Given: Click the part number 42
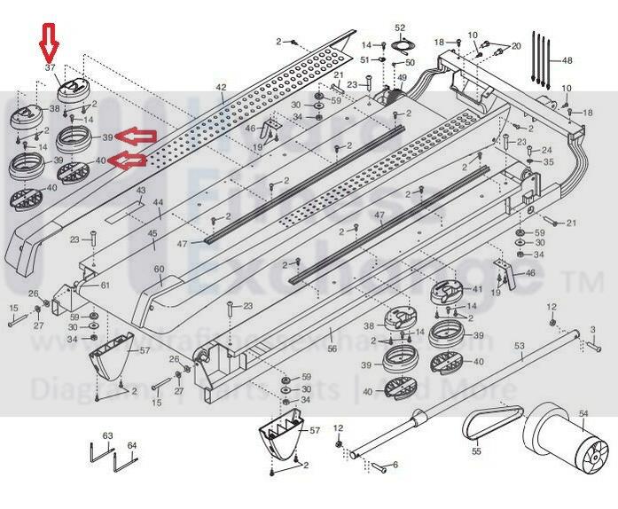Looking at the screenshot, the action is click(x=221, y=87).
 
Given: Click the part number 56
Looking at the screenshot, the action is click(x=332, y=349).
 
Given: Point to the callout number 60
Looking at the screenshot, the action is click(x=160, y=270).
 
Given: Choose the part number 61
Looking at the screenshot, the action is click(x=105, y=285).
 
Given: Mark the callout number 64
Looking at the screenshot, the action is click(x=132, y=445).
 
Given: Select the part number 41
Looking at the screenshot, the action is click(x=478, y=290).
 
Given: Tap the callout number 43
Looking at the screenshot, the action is click(x=140, y=192).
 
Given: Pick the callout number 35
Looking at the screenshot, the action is click(x=549, y=162).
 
